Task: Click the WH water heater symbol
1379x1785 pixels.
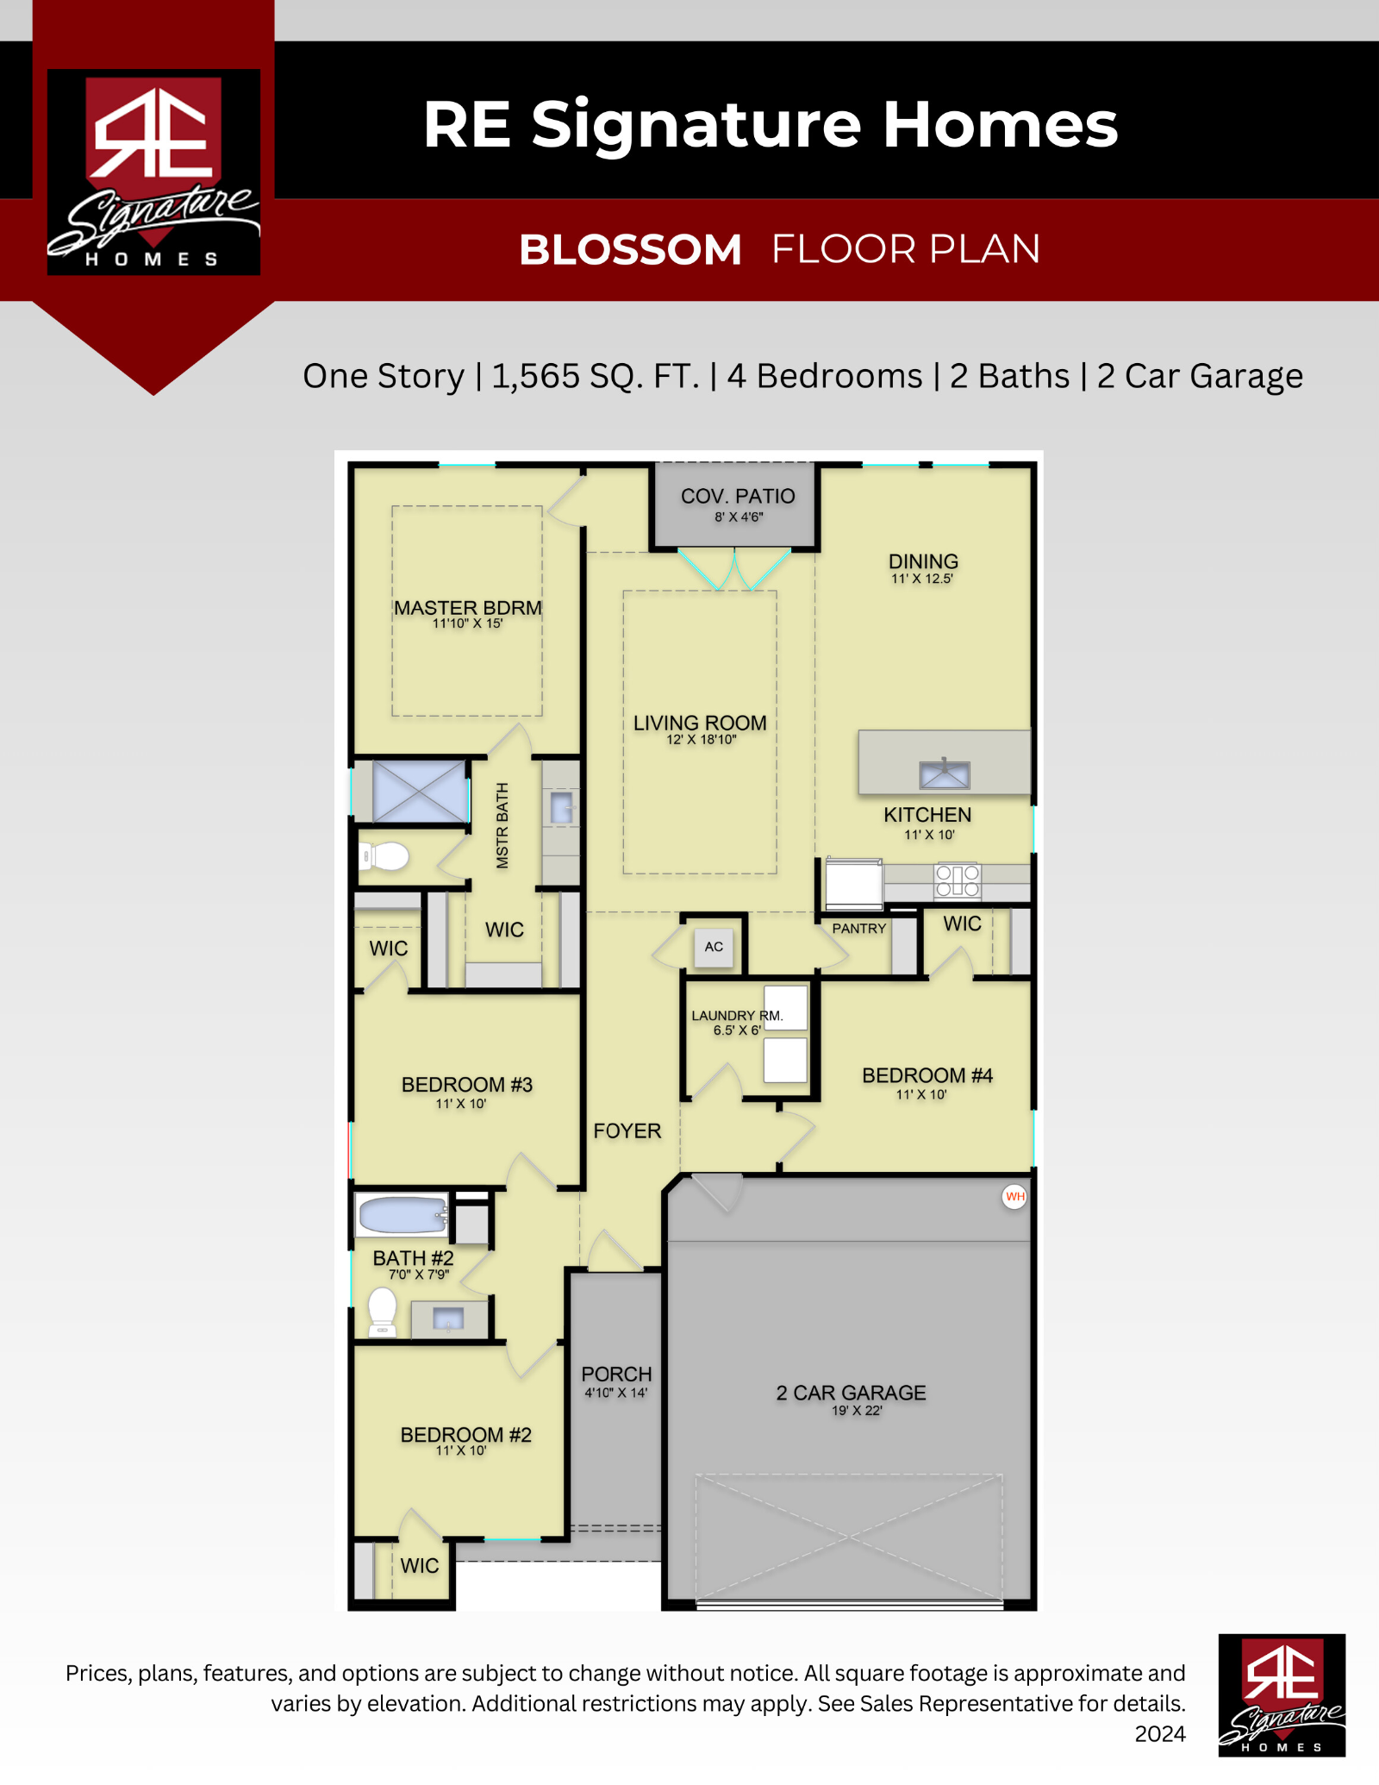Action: coord(1014,1197)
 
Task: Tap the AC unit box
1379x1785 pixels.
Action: coord(714,947)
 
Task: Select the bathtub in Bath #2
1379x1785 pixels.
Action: coord(402,1216)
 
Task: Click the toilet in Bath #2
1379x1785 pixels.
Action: coord(382,1312)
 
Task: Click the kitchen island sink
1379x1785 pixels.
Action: coord(945,774)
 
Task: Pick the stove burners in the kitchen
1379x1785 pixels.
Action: coord(958,880)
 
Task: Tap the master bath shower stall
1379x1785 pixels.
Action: coord(420,792)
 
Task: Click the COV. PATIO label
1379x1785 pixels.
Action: coord(738,497)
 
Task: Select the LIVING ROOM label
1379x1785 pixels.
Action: coord(700,723)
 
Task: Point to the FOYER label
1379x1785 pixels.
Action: coord(627,1130)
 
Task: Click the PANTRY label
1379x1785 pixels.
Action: coord(859,929)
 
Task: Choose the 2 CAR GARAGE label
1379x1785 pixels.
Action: coord(851,1393)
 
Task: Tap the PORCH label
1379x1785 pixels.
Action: coord(616,1374)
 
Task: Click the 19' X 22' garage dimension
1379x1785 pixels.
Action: coord(857,1411)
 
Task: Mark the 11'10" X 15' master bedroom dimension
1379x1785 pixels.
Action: coord(467,623)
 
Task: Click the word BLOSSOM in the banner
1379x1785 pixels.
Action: coord(630,250)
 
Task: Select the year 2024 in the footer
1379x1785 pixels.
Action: coord(1160,1734)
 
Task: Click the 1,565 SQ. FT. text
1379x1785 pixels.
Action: coord(596,376)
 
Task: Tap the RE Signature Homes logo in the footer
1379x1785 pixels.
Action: coord(1282,1695)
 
